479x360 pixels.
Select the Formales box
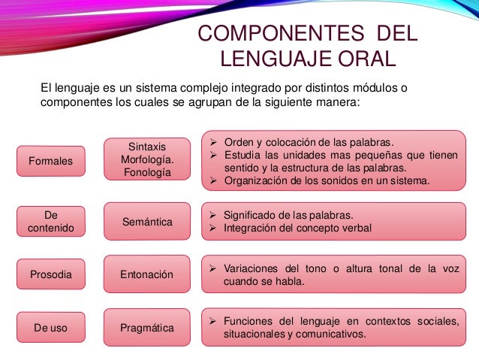[x=51, y=161]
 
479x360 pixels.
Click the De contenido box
[x=51, y=222]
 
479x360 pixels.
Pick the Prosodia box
[x=51, y=275]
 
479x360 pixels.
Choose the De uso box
[x=51, y=328]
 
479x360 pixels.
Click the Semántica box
[x=146, y=222]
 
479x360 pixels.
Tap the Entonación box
[x=146, y=275]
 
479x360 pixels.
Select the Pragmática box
[x=146, y=328]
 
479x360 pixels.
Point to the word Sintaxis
[x=146, y=146]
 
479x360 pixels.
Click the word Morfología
[x=146, y=159]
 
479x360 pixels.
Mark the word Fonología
[x=146, y=173]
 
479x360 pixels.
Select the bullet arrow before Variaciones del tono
[x=214, y=268]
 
